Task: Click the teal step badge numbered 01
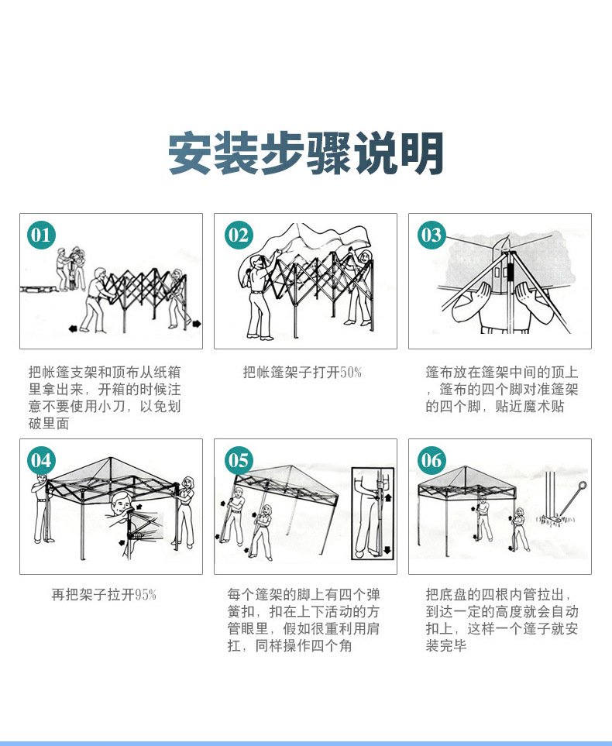(x=42, y=235)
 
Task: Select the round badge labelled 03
(x=431, y=235)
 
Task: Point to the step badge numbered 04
(x=41, y=461)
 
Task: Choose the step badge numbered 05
(x=239, y=461)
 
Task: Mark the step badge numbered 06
(x=431, y=461)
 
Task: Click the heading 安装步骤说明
(x=306, y=153)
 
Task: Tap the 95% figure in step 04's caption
(x=146, y=595)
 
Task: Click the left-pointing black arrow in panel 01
(x=73, y=328)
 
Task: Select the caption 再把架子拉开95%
(x=104, y=595)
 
